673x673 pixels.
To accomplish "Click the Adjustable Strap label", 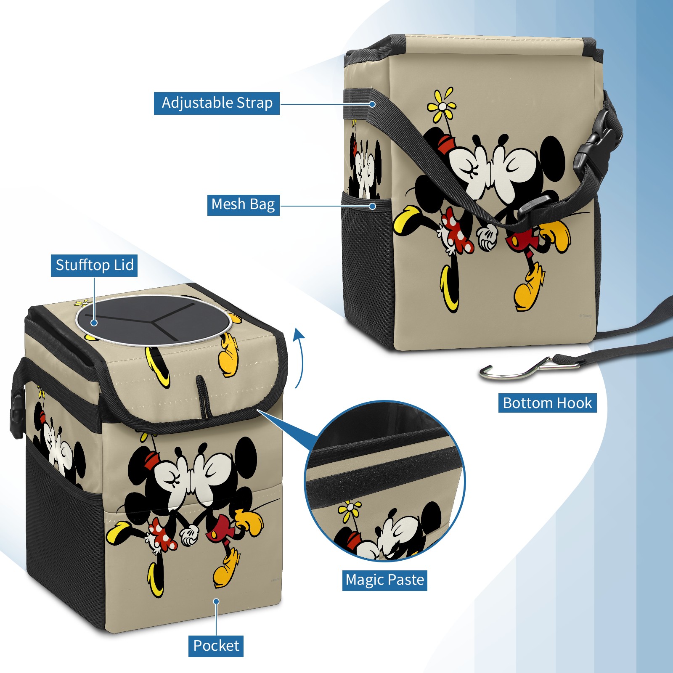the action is coord(217,103).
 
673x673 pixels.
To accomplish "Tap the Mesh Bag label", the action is coord(243,204).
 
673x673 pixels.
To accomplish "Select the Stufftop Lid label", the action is coord(94,265).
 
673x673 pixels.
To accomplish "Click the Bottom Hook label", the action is coord(547,403).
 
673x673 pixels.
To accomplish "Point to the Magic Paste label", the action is coord(385,580).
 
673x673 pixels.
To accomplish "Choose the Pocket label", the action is coord(216,646).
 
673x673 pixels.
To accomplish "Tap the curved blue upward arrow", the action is coord(298,358).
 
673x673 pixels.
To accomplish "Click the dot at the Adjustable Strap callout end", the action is coord(372,104).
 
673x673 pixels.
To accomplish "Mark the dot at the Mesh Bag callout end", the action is coord(372,206).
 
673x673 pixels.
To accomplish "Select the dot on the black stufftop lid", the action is coord(94,323).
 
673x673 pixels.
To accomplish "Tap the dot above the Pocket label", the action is coord(216,601).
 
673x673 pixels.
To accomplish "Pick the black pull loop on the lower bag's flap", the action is coord(203,395).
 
